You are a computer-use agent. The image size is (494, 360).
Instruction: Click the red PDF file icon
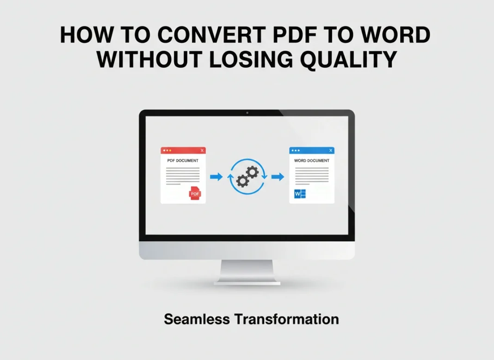click(x=195, y=194)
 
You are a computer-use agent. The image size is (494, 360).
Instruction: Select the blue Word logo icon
click(x=300, y=194)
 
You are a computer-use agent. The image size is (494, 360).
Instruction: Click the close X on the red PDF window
click(x=202, y=151)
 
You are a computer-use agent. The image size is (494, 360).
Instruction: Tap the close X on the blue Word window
click(x=331, y=151)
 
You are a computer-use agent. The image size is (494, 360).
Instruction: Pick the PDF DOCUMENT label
click(x=183, y=161)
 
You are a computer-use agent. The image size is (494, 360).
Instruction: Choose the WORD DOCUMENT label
click(x=312, y=161)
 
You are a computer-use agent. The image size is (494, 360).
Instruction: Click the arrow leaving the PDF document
click(x=216, y=177)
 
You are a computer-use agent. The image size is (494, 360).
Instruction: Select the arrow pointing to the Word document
click(x=278, y=177)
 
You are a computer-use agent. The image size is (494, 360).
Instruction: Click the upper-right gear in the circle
click(x=252, y=172)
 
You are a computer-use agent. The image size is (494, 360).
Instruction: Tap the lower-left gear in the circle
click(x=242, y=181)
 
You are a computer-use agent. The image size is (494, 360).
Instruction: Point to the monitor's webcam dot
click(x=247, y=113)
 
